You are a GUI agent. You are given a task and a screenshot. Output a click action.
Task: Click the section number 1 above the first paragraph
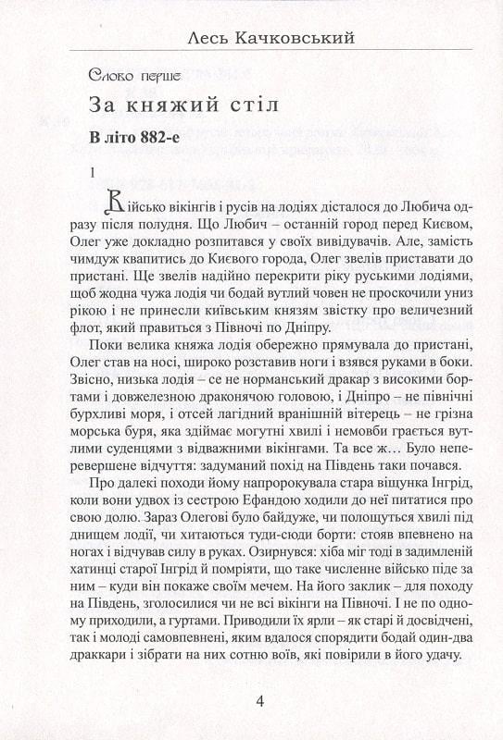(92, 171)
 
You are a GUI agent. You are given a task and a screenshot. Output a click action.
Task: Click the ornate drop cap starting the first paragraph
(116, 200)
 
